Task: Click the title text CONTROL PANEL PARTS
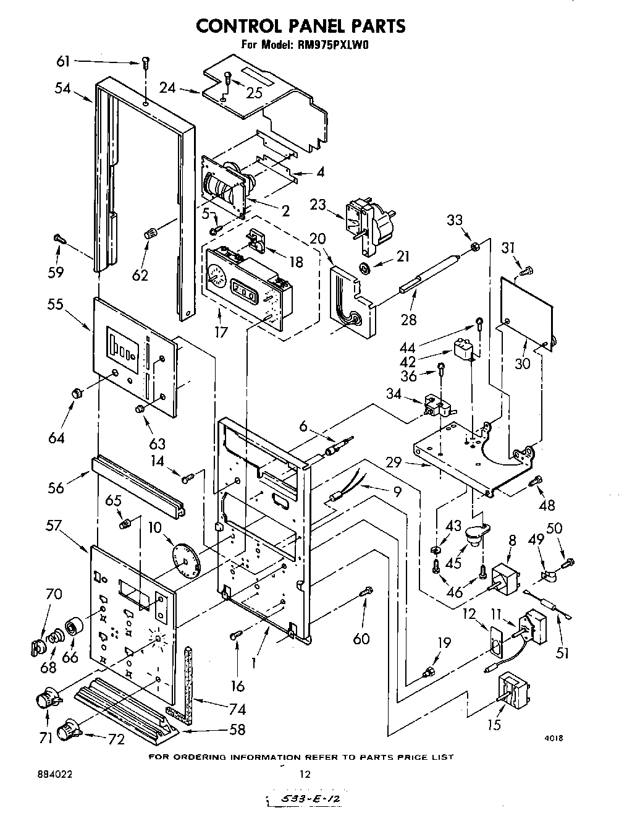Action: [x=300, y=25]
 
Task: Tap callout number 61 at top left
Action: [x=63, y=61]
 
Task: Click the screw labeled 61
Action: [x=146, y=62]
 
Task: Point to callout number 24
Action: [x=167, y=88]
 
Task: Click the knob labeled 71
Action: [x=46, y=697]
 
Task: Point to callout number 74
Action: [x=237, y=709]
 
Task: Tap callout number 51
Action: [x=562, y=653]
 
